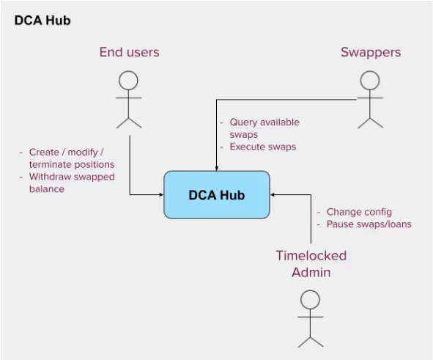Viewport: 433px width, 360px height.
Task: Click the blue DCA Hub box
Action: point(217,195)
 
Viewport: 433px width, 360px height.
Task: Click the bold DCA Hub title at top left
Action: point(42,21)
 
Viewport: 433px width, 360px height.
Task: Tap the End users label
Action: point(129,52)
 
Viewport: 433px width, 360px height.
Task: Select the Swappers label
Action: point(371,53)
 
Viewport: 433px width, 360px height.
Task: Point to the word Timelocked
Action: point(311,256)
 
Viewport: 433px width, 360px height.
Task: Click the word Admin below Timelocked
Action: point(311,273)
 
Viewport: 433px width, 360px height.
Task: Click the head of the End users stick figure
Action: point(128,81)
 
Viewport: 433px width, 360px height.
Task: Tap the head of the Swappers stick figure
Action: point(370,81)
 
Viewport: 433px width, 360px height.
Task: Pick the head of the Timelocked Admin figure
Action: point(310,300)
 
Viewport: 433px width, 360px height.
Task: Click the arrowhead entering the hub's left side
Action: point(162,195)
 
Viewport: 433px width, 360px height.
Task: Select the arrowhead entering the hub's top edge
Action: point(217,169)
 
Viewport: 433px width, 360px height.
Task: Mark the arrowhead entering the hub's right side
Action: point(272,195)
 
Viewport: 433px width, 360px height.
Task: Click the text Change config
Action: point(359,212)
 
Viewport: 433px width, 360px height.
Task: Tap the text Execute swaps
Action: point(262,147)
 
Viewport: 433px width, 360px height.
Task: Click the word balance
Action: point(47,189)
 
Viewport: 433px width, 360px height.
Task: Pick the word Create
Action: point(44,153)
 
